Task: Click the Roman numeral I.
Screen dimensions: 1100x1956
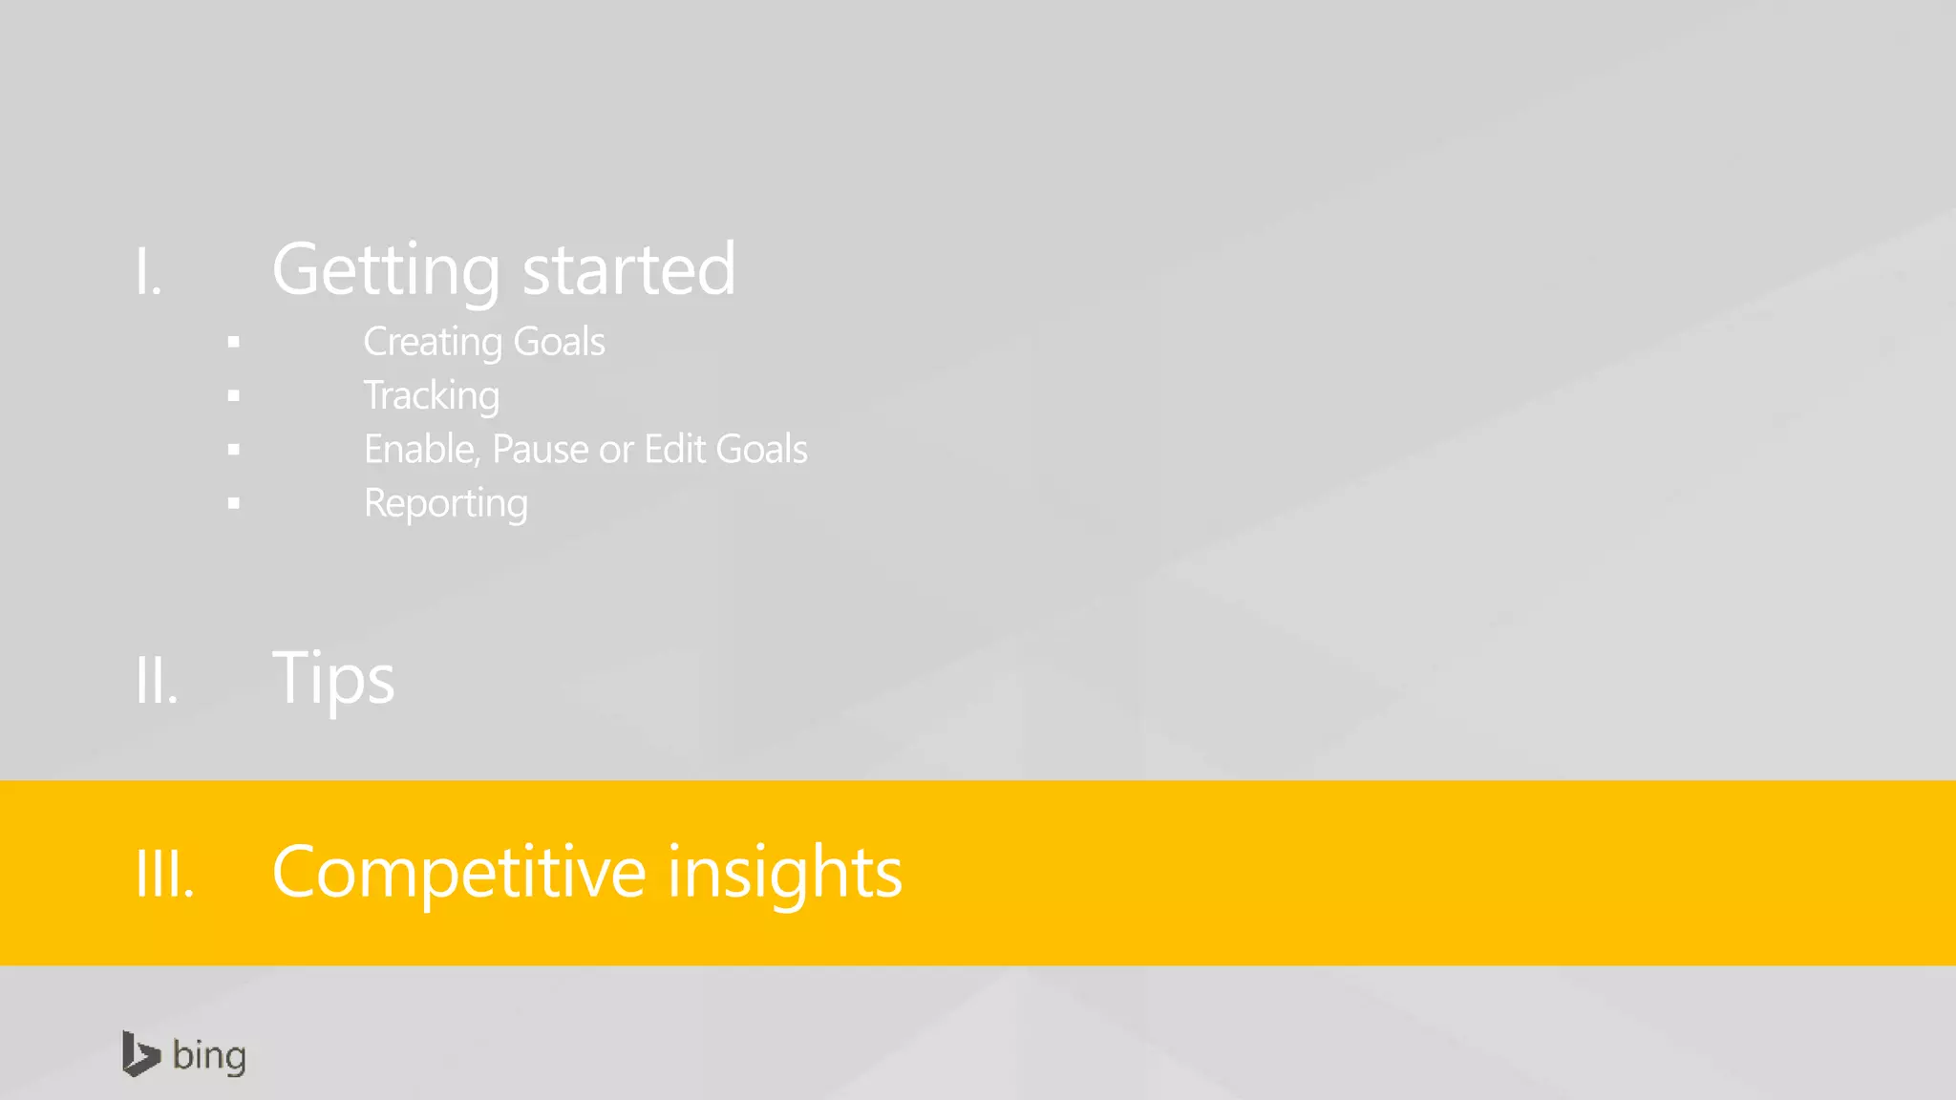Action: [148, 272]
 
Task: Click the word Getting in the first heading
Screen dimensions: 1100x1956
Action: [386, 270]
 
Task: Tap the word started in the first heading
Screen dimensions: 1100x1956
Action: [628, 270]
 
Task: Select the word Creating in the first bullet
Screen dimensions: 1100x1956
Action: [433, 342]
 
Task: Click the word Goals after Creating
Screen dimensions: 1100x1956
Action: [559, 342]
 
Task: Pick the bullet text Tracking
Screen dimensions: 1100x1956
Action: [432, 396]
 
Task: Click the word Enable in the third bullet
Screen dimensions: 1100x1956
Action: [420, 450]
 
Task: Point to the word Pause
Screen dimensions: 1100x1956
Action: [541, 450]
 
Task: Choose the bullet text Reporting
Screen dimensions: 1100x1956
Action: [446, 504]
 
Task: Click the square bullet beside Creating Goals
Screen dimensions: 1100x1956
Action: [234, 342]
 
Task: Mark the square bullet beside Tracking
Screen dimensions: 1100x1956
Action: [234, 396]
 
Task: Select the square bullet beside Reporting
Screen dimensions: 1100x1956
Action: [234, 504]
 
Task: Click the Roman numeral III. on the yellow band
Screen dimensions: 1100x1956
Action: [165, 874]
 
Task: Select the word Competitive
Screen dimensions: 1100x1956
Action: [459, 873]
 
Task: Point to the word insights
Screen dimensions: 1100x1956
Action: [784, 873]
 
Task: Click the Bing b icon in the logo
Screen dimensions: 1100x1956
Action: [139, 1054]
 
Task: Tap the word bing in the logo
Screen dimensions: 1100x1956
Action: [209, 1056]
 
